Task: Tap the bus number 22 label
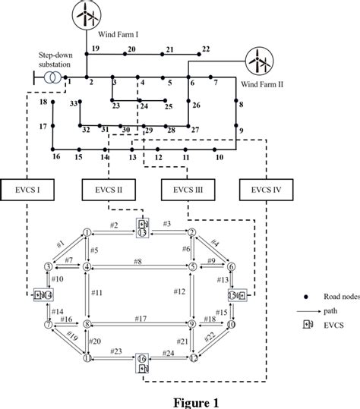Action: (x=205, y=49)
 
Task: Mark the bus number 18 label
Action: (x=43, y=102)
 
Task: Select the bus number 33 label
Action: (x=74, y=102)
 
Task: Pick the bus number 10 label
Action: (x=219, y=158)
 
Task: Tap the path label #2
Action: (x=113, y=225)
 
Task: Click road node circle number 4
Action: (x=87, y=266)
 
